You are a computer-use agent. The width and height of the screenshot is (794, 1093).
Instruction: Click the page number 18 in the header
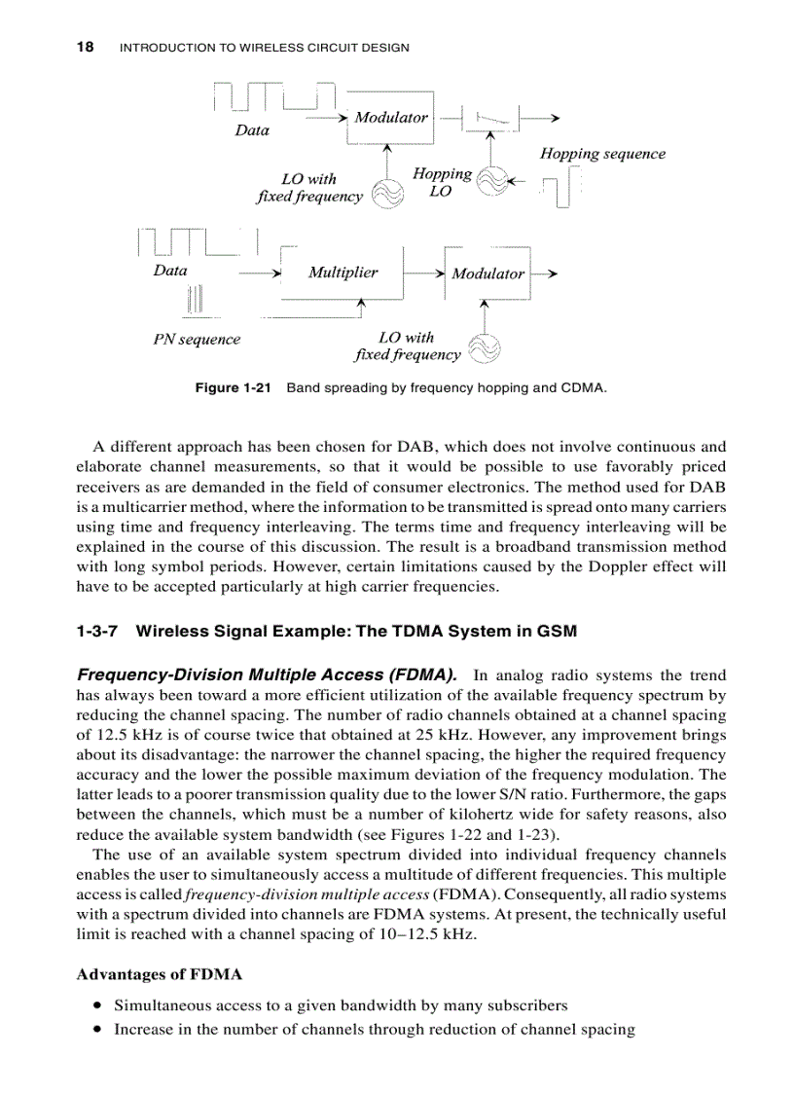pyautogui.click(x=85, y=47)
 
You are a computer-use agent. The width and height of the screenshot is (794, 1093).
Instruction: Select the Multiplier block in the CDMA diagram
pyautogui.click(x=343, y=273)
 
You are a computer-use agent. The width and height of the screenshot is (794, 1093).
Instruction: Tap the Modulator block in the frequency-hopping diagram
pyautogui.click(x=390, y=118)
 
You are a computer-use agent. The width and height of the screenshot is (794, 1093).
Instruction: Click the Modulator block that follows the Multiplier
pyautogui.click(x=487, y=273)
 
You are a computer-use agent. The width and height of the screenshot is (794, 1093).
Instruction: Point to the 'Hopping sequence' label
pyautogui.click(x=602, y=154)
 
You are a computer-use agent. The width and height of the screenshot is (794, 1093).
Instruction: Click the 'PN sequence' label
pyautogui.click(x=197, y=340)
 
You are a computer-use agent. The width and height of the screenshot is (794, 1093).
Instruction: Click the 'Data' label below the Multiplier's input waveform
pyautogui.click(x=170, y=271)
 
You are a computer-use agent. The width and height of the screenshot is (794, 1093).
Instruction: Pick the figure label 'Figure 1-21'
pyautogui.click(x=232, y=388)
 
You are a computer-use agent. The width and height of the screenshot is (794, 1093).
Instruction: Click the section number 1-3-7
pyautogui.click(x=97, y=631)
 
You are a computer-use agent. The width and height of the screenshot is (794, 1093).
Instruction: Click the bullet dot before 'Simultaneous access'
pyautogui.click(x=98, y=1004)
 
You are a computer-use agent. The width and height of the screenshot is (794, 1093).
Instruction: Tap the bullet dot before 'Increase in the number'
pyautogui.click(x=98, y=1029)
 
